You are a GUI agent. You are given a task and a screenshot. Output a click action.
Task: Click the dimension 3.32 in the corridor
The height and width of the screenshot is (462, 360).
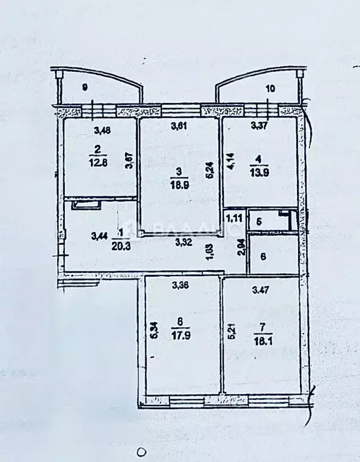(x=184, y=243)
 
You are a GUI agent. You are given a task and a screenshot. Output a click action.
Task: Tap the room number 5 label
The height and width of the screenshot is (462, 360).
(x=259, y=220)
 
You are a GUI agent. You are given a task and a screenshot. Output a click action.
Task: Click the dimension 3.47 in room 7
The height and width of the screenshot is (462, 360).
(x=260, y=291)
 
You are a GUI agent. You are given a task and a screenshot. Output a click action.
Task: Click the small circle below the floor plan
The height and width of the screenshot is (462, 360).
(x=141, y=451)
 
